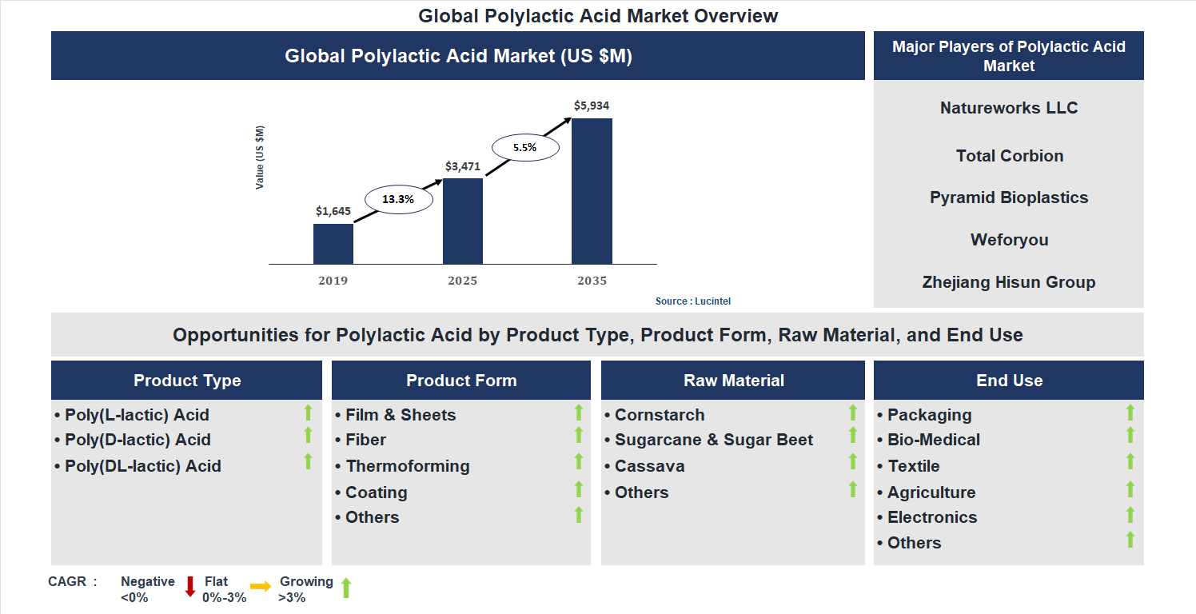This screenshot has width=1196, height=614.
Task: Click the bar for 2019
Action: (x=333, y=244)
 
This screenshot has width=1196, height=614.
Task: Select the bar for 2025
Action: (x=463, y=221)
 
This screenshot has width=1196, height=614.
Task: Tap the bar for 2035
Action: (x=592, y=191)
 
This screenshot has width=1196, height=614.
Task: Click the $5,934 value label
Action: (x=592, y=106)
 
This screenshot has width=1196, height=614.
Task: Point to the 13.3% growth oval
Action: (x=398, y=200)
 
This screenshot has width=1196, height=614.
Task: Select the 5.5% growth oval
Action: (x=524, y=148)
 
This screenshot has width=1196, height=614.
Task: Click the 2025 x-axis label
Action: (x=463, y=281)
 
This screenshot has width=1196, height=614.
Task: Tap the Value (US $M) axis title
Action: (x=260, y=157)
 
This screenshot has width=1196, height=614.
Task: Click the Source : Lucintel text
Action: (x=693, y=301)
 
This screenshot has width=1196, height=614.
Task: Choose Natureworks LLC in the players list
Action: (x=1009, y=108)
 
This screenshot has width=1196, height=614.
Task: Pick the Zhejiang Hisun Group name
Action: (x=1009, y=282)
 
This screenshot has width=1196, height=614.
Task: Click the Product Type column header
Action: (x=187, y=381)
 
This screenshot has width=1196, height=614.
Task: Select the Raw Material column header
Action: (x=733, y=381)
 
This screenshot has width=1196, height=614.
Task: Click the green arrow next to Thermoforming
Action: (x=579, y=462)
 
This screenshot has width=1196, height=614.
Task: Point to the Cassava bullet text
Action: (x=649, y=466)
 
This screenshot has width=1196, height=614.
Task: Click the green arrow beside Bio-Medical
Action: (x=1130, y=436)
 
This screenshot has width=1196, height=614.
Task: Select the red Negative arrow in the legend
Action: (x=190, y=587)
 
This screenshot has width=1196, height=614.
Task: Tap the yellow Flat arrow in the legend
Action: (x=261, y=587)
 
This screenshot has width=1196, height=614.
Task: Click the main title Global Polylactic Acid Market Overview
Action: (x=598, y=16)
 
